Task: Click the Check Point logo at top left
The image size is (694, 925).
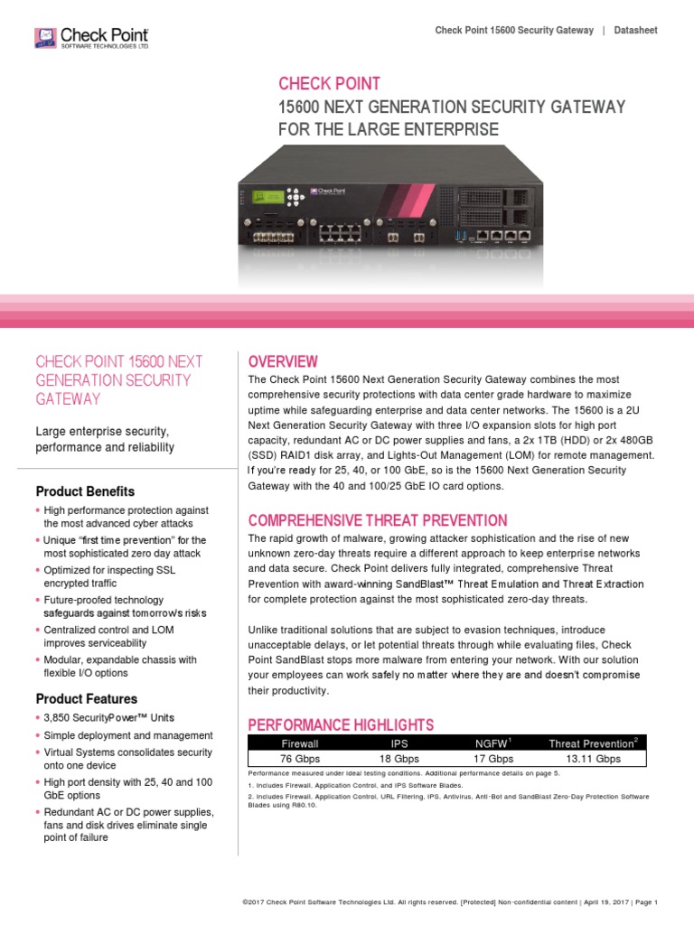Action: pos(90,37)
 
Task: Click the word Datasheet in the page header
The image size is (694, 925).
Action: pos(635,31)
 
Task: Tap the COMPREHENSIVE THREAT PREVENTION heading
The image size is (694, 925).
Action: pos(378,520)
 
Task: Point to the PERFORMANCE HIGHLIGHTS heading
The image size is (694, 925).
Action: pos(341,724)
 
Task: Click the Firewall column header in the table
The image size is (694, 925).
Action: pos(301,743)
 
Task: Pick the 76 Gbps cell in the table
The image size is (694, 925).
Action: pos(301,760)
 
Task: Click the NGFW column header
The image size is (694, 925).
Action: pos(492,743)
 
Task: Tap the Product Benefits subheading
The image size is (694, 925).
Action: pos(85,491)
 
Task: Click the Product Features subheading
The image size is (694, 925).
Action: pos(87,698)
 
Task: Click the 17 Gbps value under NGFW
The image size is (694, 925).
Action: pos(492,760)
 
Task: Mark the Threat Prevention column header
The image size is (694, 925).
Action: pos(592,743)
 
